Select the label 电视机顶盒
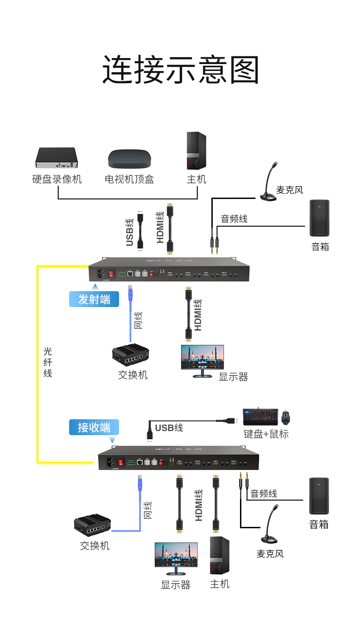(x=129, y=179)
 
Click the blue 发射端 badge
(x=94, y=299)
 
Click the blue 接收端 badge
(x=94, y=427)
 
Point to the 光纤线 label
(x=48, y=362)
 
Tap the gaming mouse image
(x=285, y=417)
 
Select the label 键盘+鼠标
(x=266, y=434)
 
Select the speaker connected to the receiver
(x=319, y=496)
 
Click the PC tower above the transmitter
(x=196, y=151)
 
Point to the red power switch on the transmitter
(x=110, y=274)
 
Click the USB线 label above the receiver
(x=169, y=428)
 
